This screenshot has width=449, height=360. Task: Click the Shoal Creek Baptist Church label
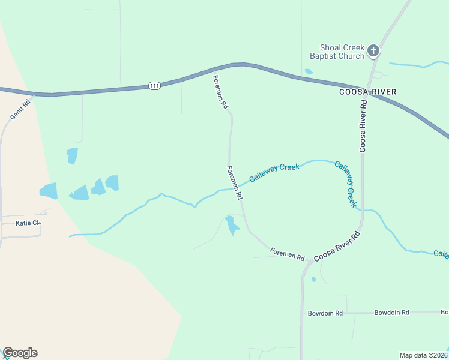[337, 52]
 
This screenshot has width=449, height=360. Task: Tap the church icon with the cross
[373, 51]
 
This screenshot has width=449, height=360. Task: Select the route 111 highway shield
[154, 86]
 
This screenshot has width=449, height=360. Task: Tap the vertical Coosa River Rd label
[363, 126]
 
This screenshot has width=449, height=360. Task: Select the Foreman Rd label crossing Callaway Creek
[235, 183]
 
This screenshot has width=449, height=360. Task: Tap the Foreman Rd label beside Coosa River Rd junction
[287, 254]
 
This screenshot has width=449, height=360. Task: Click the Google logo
[20, 353]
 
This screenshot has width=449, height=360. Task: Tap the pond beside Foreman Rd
[231, 226]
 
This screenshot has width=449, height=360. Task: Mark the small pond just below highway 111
[309, 71]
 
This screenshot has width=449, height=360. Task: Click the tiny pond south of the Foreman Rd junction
[313, 279]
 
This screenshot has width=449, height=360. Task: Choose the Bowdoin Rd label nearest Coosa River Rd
[325, 313]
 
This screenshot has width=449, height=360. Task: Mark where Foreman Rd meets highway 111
[214, 68]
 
